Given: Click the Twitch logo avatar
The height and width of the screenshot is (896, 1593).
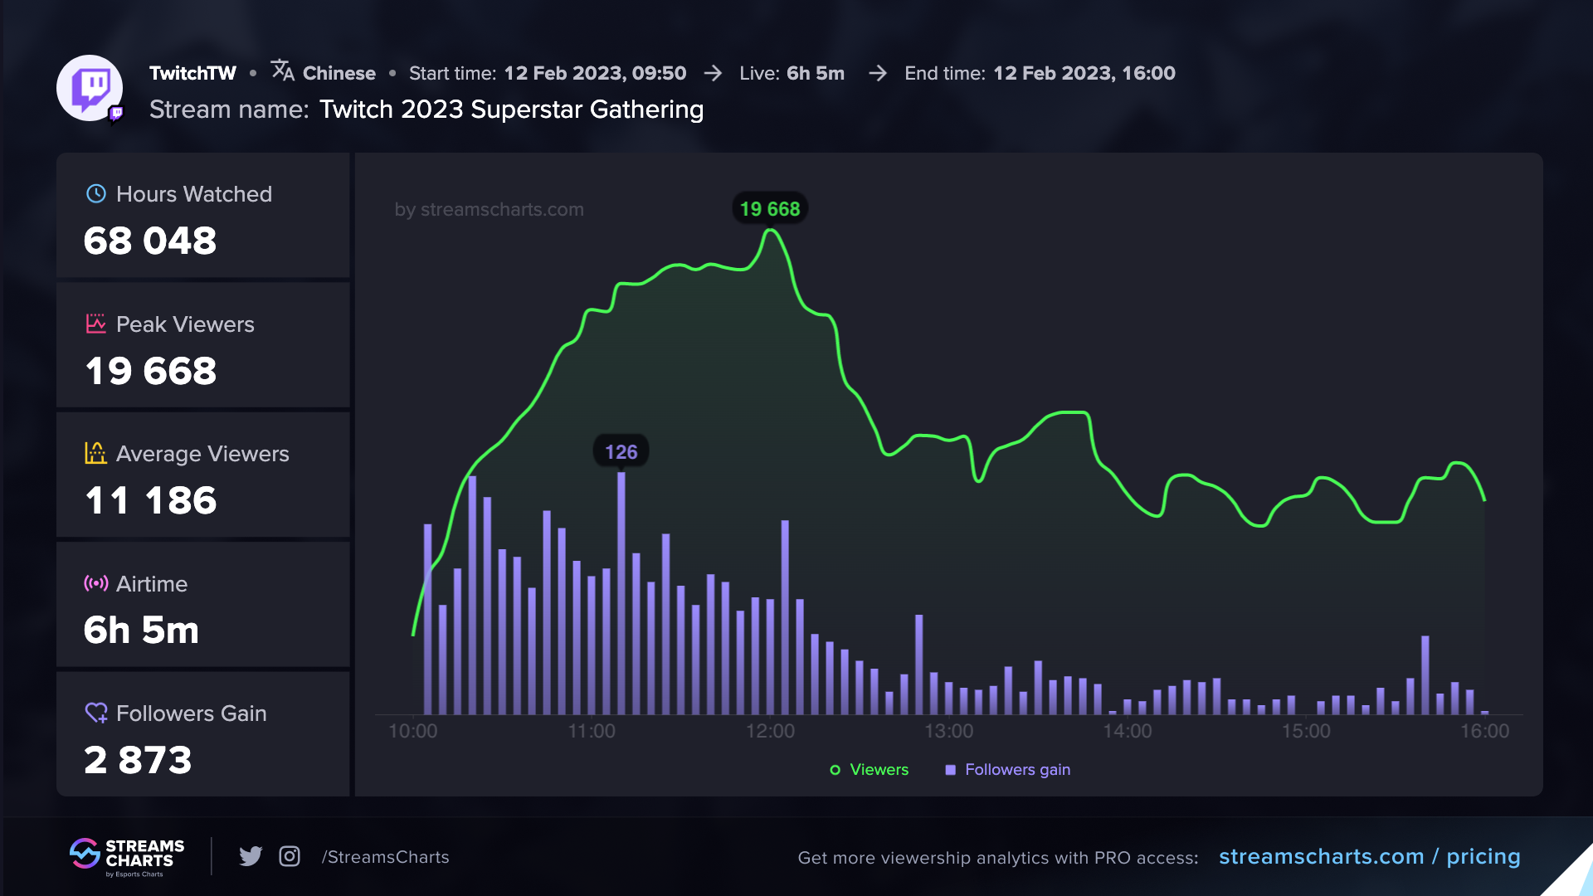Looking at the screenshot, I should click(x=90, y=88).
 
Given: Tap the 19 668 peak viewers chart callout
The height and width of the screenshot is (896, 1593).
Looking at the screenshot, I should click(x=770, y=209).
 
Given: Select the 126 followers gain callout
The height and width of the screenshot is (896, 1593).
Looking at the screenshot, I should click(x=621, y=452).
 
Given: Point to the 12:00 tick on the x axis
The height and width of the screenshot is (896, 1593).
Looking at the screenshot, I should click(x=770, y=731).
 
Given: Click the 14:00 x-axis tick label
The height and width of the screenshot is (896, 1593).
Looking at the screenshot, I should click(x=1127, y=731).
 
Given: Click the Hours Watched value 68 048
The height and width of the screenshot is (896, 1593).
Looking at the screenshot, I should click(x=150, y=241).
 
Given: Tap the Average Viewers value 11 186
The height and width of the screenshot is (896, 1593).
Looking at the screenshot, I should click(x=151, y=501).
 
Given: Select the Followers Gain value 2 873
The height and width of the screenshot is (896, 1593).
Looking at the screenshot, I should click(x=138, y=760).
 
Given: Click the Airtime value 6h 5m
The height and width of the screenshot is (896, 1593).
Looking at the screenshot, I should click(x=141, y=631).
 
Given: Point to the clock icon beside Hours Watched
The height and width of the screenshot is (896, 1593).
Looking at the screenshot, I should click(x=96, y=194).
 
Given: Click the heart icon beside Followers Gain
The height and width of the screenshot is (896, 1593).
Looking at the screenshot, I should click(x=96, y=713).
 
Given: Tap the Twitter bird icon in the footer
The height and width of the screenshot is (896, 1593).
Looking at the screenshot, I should click(x=251, y=856).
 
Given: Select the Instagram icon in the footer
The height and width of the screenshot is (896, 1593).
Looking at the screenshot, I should click(x=290, y=856).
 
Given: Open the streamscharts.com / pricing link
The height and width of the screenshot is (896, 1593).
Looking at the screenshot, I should click(x=1369, y=857).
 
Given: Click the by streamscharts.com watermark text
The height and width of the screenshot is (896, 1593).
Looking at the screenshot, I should click(x=489, y=210).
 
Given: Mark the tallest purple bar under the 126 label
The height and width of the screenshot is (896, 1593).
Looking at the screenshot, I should click(x=621, y=593).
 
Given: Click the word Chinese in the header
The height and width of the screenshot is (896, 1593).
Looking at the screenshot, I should click(x=339, y=74).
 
